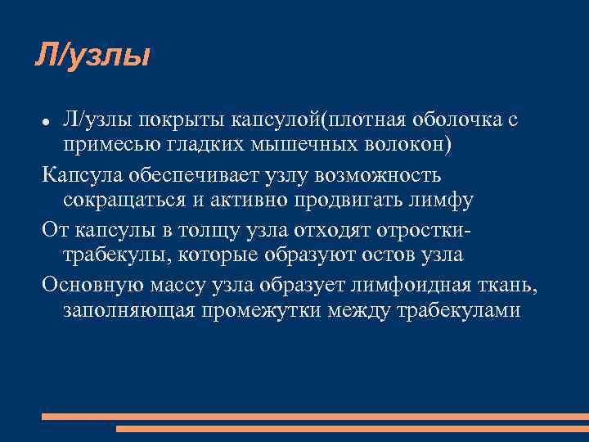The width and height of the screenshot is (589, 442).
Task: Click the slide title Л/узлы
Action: coord(92,56)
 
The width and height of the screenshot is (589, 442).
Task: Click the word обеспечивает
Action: coord(200,175)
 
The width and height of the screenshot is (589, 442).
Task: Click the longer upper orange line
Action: coord(315,417)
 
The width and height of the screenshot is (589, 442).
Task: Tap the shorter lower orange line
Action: coord(352,428)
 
